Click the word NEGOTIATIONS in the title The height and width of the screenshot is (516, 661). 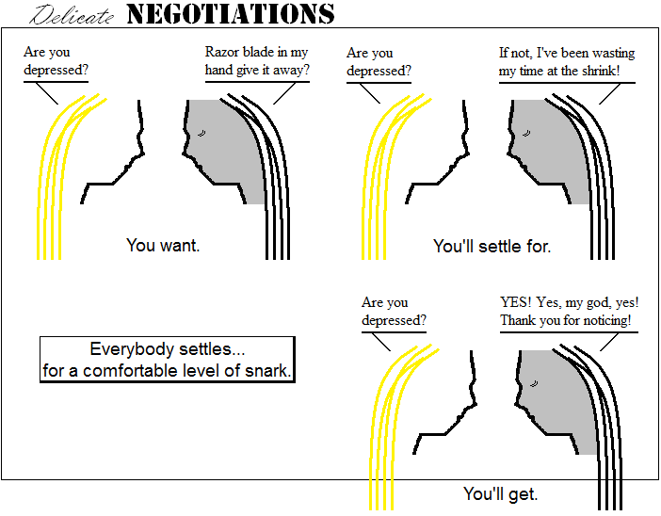click(230, 14)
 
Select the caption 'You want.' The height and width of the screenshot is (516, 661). click(163, 246)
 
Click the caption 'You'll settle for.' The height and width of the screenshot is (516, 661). click(492, 246)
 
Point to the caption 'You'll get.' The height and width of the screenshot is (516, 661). click(500, 493)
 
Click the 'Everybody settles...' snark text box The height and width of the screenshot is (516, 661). click(168, 360)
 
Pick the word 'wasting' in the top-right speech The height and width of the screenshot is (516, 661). click(612, 53)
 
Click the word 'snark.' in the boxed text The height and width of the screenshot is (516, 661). click(269, 371)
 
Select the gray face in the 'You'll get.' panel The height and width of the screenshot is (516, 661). click(561, 400)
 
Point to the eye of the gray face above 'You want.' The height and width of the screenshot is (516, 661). click(202, 135)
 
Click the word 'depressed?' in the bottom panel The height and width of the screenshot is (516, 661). click(394, 320)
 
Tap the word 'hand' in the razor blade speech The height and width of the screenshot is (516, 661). click(218, 71)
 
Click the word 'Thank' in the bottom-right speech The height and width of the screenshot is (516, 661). click(519, 320)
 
